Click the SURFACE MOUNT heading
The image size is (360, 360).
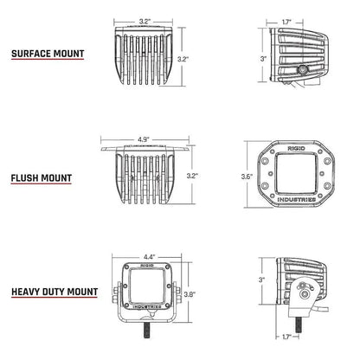pos(48,54)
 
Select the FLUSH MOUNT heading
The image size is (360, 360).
pos(42,179)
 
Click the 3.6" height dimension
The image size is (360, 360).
pos(247,177)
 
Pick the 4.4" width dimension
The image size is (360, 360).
pos(149,256)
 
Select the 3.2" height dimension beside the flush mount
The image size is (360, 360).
pos(192,176)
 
